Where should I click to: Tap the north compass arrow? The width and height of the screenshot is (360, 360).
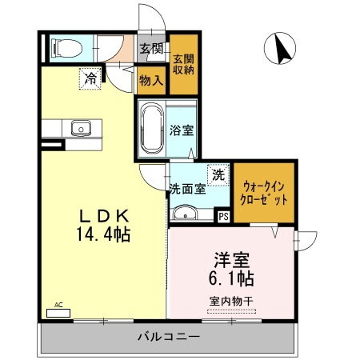(282, 50)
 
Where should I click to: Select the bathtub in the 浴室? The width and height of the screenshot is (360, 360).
(151, 129)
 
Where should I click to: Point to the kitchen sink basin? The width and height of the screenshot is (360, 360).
(81, 128)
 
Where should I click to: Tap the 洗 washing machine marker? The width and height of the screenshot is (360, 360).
(218, 174)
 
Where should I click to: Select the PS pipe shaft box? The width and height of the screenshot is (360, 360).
(222, 214)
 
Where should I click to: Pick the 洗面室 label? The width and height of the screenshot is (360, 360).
(187, 190)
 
